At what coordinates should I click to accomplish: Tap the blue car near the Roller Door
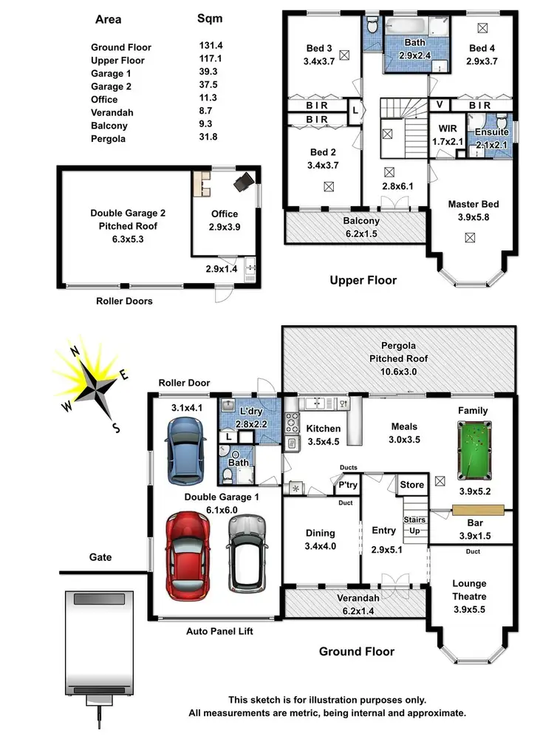tap(182, 449)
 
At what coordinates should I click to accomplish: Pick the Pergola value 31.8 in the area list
tap(198, 139)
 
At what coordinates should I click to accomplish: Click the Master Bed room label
tap(473, 204)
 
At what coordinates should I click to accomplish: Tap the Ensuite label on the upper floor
tap(491, 133)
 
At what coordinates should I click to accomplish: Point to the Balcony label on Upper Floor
tap(361, 221)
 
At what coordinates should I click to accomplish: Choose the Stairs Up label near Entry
tap(415, 525)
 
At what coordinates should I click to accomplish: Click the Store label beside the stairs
tap(411, 485)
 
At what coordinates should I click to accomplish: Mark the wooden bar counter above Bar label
tap(477, 510)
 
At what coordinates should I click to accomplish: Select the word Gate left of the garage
tap(100, 556)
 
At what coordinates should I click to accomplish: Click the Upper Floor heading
tap(363, 280)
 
